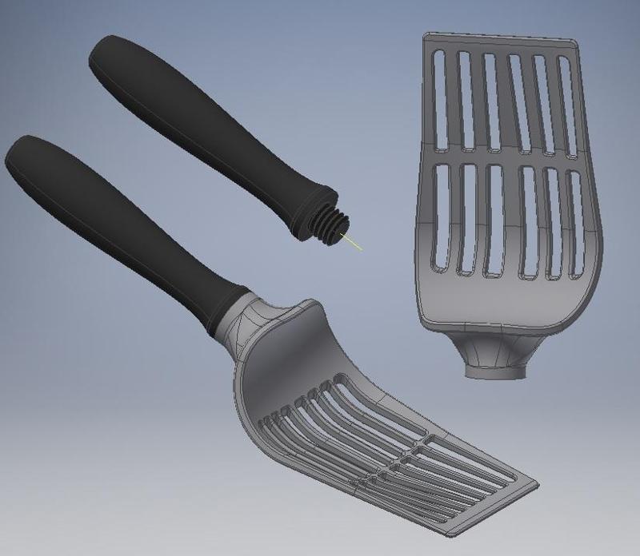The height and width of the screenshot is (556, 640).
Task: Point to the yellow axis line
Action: coord(354,241)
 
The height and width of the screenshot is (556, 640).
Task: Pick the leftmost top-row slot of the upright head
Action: coord(439,100)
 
